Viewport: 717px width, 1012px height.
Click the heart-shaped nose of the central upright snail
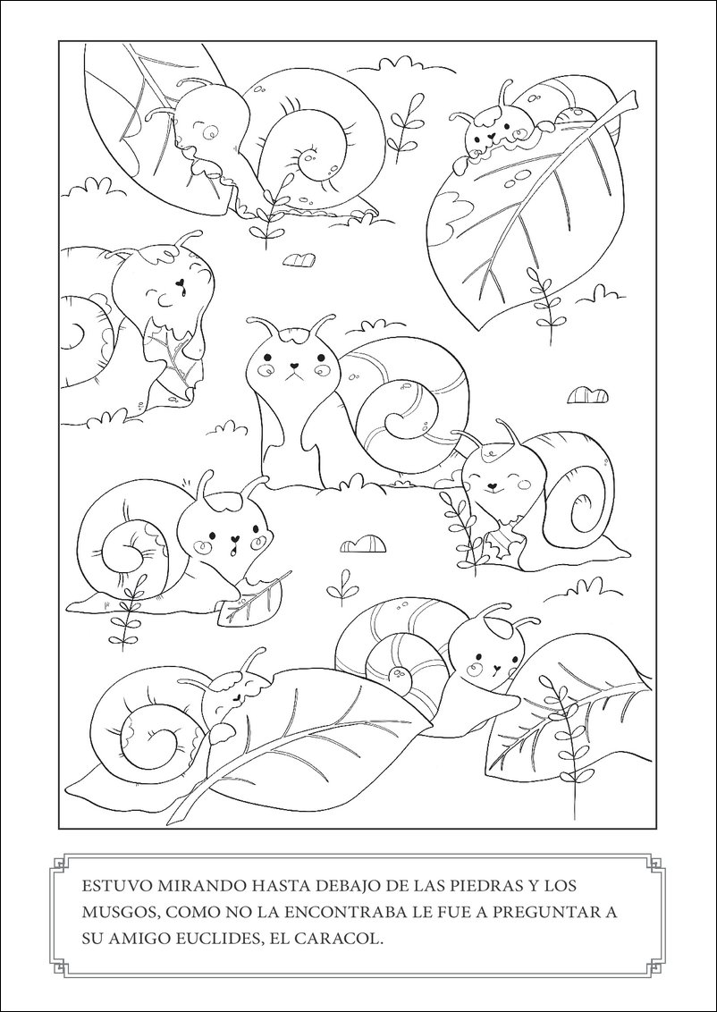click(x=292, y=366)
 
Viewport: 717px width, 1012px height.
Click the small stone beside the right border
click(x=586, y=394)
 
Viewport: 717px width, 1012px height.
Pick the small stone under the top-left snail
click(x=299, y=259)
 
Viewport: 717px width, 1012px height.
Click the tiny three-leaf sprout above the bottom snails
click(x=340, y=586)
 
